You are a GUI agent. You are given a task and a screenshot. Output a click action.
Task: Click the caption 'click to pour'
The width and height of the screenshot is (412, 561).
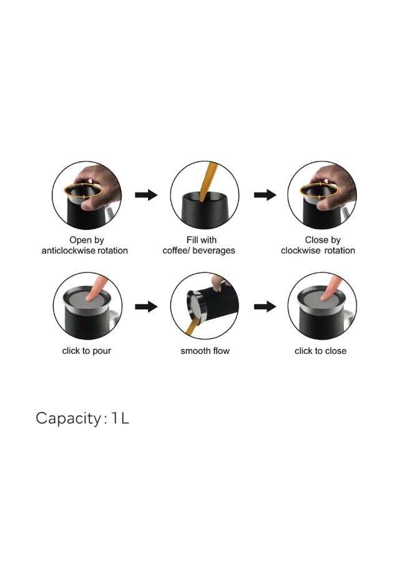point(86,351)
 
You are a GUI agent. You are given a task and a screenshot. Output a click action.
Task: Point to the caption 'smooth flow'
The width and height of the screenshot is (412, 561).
point(205,351)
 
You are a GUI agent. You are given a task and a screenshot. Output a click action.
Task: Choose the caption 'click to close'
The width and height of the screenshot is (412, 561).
point(320,351)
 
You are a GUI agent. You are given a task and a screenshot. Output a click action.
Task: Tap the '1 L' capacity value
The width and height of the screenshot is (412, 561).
point(120,418)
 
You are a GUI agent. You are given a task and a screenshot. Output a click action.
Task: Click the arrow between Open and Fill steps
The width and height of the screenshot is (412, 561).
point(146,195)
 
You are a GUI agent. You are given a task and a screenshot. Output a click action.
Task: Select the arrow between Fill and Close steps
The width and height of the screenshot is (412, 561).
point(265,195)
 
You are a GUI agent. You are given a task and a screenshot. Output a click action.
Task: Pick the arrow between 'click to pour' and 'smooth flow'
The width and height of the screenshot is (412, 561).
point(146,307)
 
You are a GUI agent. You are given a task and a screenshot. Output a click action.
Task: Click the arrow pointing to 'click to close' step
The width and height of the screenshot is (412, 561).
point(265,307)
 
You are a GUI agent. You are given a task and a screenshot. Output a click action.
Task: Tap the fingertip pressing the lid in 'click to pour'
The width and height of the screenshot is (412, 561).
point(91,297)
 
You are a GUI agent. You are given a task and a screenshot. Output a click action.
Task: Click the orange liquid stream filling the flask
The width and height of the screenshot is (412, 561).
point(208,181)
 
